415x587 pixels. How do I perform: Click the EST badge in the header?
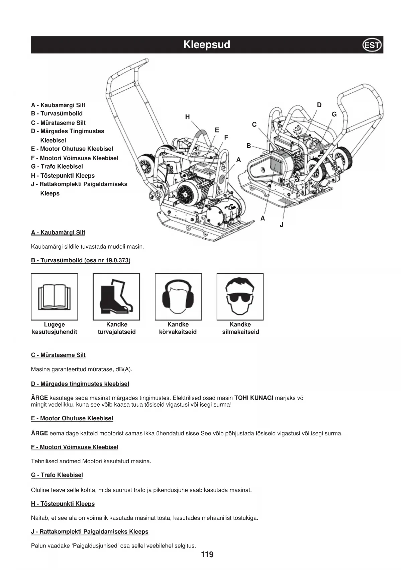372,45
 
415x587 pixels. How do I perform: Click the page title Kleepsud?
207,45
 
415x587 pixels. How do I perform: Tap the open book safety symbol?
54,297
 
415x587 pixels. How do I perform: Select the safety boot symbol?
116,297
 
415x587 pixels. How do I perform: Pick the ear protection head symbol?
178,297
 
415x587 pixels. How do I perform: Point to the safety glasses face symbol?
240,297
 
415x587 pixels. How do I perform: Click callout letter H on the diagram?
187,117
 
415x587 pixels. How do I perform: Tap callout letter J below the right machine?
282,225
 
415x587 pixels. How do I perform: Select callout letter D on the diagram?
319,105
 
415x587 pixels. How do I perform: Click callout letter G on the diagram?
334,114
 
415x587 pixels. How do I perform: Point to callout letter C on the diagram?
254,124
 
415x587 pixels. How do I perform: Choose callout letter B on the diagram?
248,146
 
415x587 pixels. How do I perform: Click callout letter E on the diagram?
217,130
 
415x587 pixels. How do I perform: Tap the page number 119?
207,555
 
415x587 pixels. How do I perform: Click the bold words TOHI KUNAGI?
254,398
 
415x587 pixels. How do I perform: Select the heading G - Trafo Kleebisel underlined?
57,475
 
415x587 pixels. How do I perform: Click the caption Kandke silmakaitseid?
240,328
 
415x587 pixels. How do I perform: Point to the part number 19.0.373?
117,260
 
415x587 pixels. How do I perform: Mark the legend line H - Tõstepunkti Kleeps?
63,176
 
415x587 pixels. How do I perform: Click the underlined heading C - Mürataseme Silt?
58,355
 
